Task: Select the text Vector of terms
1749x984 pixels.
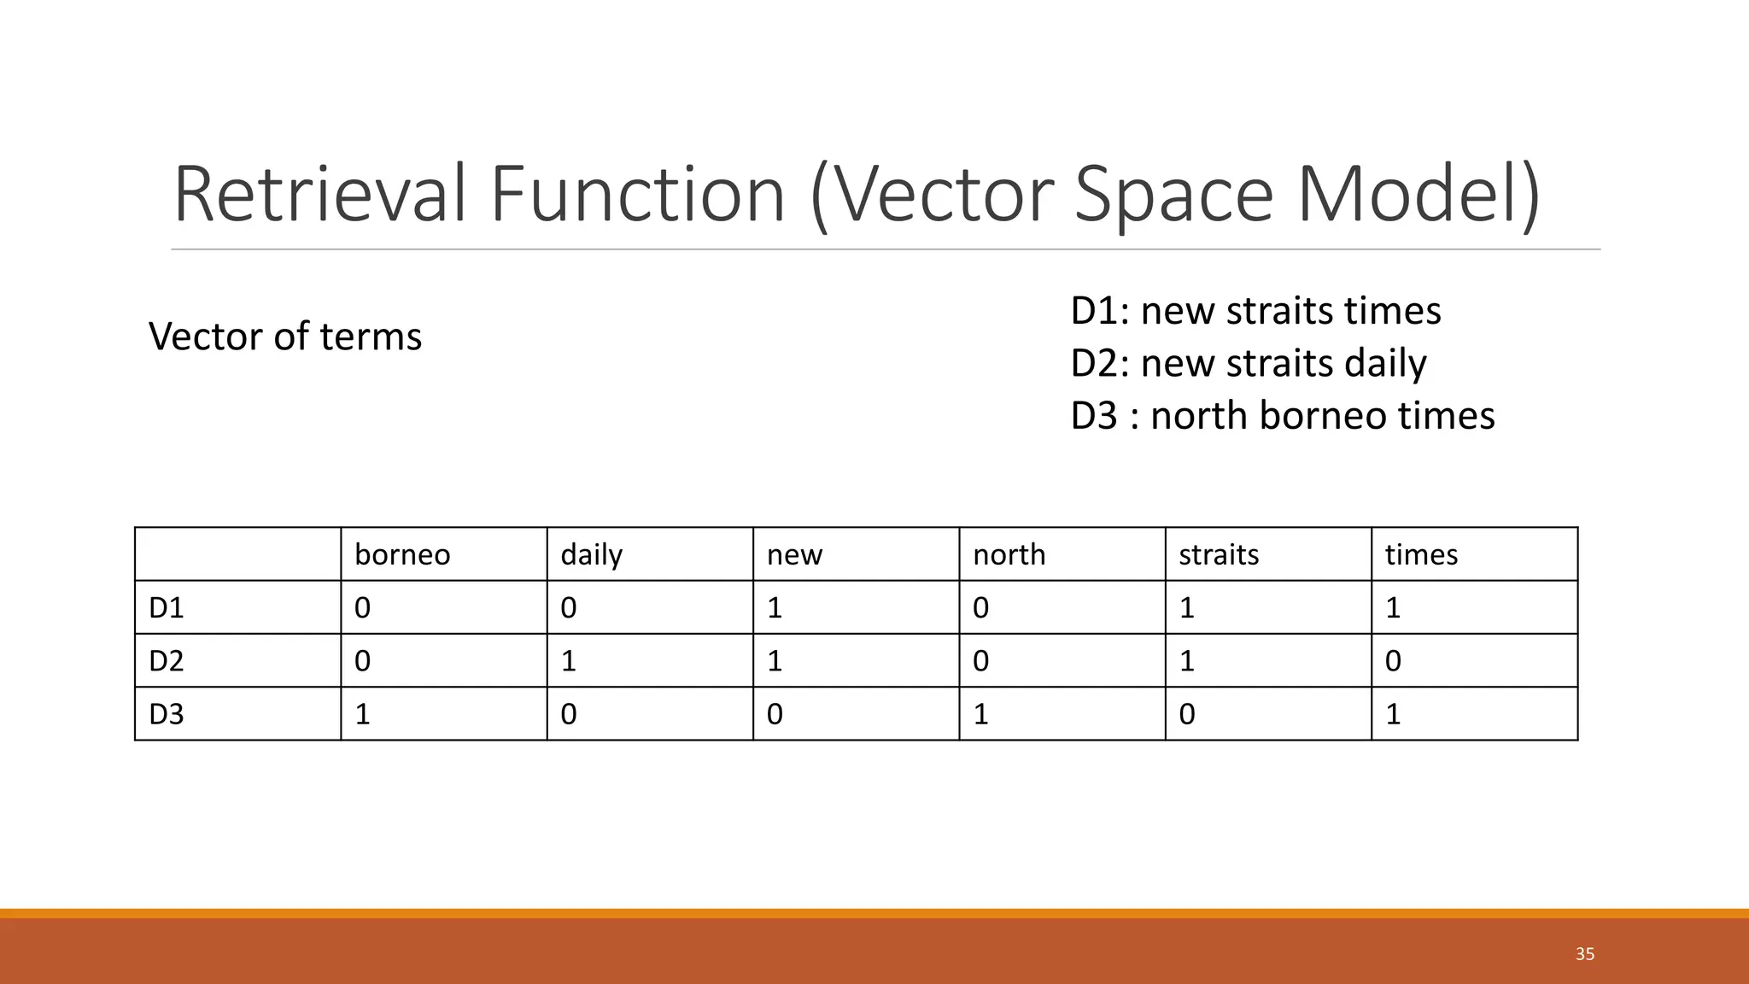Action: coord(285,337)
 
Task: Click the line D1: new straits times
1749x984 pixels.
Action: coord(1255,311)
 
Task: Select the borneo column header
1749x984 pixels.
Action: coord(402,555)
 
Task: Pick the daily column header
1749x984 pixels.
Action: coord(592,555)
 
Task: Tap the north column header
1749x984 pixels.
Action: coord(1009,555)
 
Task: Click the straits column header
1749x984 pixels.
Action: coord(1219,555)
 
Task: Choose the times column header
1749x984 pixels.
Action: coord(1421,555)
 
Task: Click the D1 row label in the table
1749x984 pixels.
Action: coord(167,608)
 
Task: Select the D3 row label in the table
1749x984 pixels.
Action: coord(167,714)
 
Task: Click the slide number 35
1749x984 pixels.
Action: coord(1585,954)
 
